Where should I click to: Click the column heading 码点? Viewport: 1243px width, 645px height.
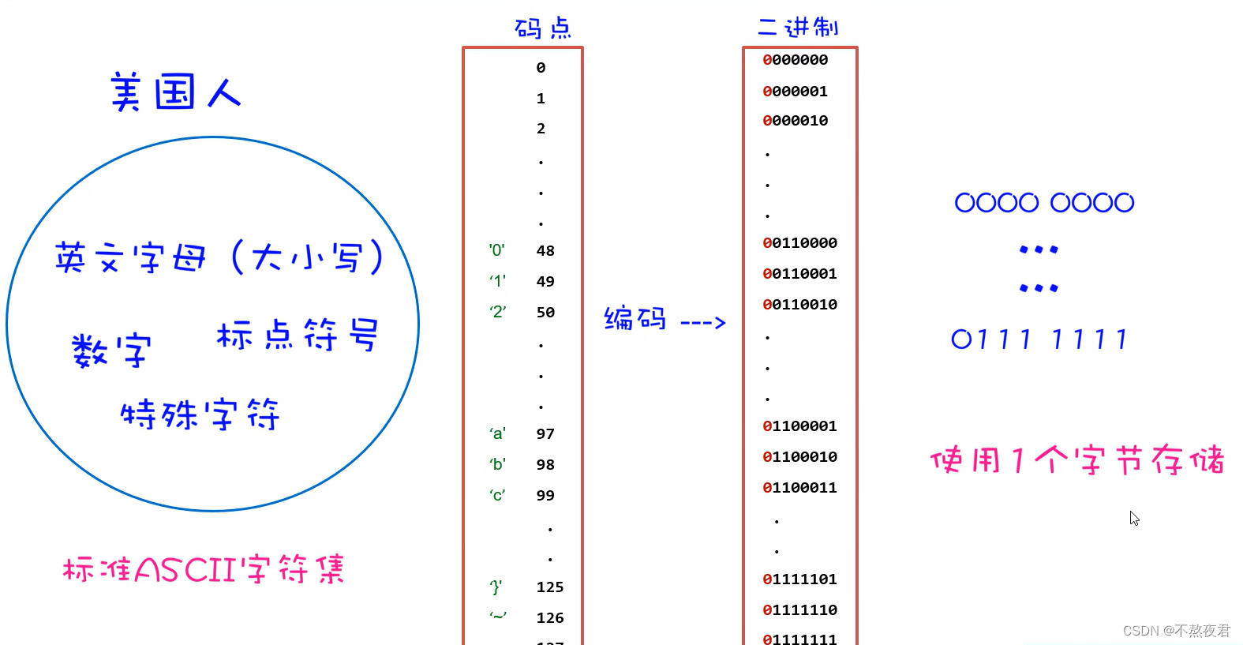point(542,28)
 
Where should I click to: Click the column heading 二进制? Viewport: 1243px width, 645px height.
point(797,28)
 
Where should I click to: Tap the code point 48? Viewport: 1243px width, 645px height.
point(545,251)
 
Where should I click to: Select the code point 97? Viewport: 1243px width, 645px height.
point(545,434)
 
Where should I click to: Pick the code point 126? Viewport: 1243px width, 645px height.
point(549,618)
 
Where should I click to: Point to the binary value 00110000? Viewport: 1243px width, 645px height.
point(799,243)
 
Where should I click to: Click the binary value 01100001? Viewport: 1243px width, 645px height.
point(799,426)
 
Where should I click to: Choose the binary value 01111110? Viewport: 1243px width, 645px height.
point(799,610)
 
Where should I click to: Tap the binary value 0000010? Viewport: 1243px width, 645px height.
point(795,121)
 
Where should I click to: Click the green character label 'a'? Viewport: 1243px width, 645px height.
point(497,433)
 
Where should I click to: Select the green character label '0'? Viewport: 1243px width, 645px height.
point(496,250)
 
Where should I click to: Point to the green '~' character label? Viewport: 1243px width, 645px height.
point(497,616)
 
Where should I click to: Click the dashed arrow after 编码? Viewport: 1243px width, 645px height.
point(702,322)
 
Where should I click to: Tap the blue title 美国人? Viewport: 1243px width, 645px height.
point(175,92)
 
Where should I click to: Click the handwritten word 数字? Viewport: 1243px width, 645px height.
point(111,350)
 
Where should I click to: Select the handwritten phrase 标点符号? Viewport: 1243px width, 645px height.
point(298,335)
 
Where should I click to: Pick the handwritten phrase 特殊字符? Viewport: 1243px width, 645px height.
point(200,414)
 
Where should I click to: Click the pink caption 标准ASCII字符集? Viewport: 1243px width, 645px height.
point(204,568)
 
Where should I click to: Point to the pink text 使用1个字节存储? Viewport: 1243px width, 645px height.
point(1076,459)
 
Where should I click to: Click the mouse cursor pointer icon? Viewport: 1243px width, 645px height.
point(1134,518)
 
